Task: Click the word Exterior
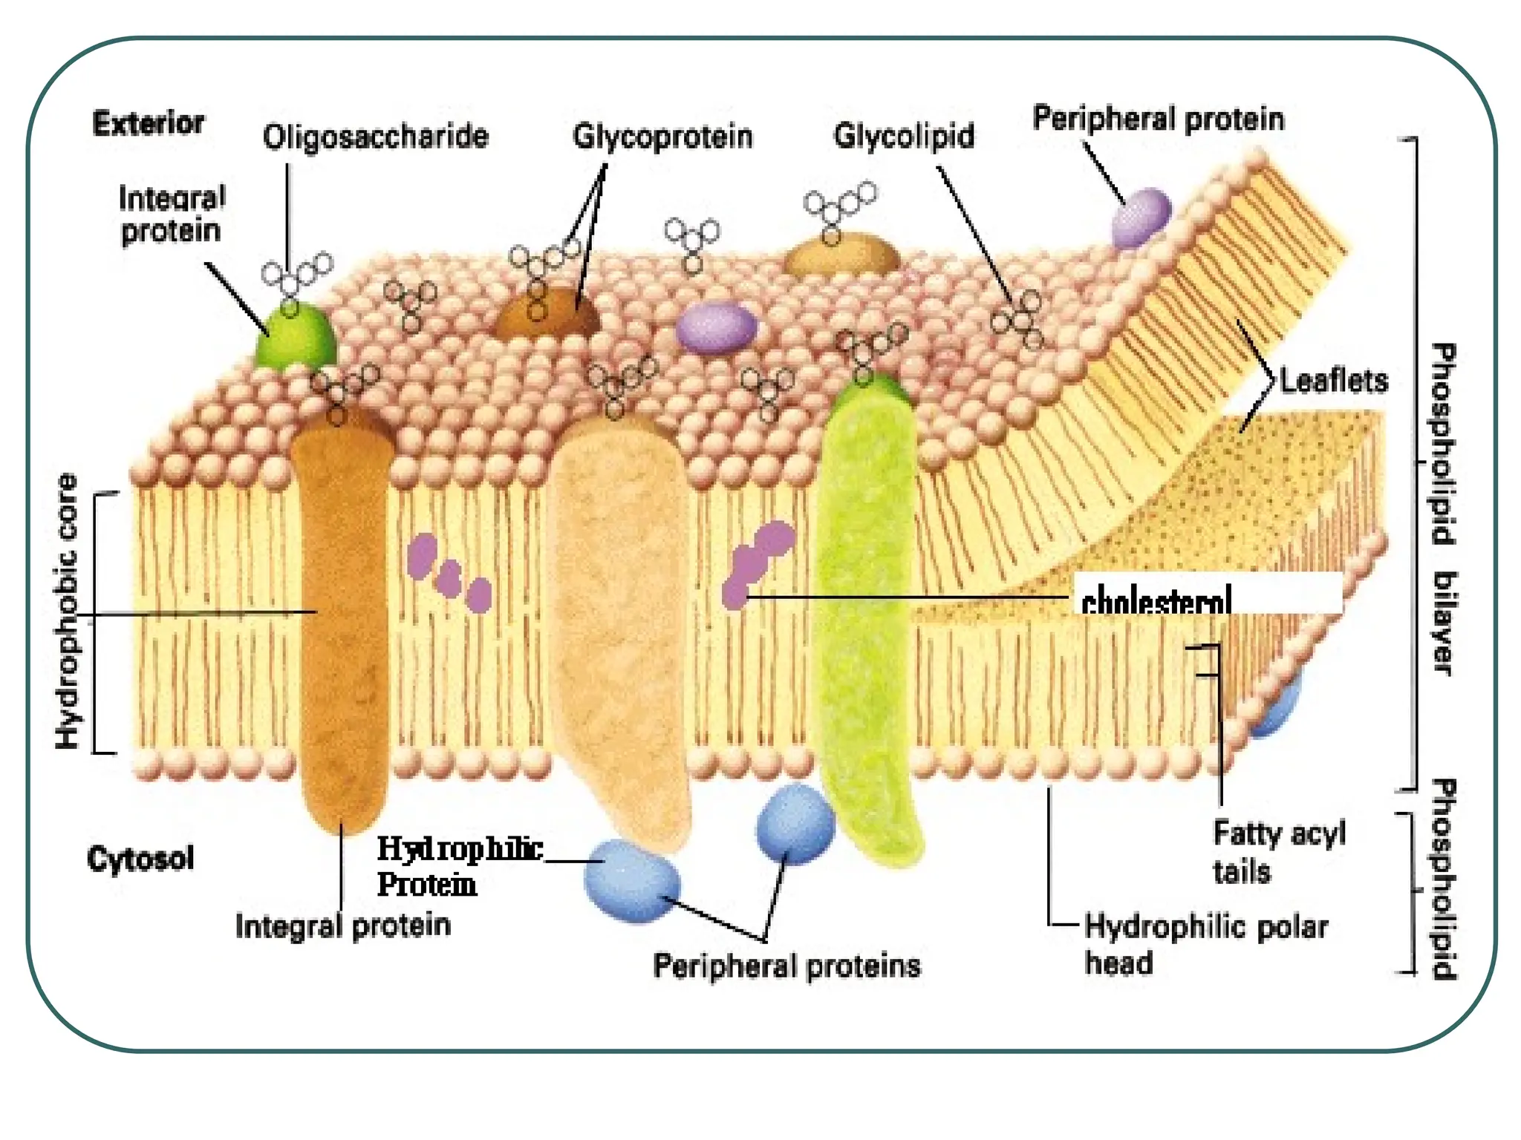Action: [148, 123]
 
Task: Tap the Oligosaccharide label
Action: [376, 137]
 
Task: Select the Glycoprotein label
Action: [662, 137]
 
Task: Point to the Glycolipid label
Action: [903, 136]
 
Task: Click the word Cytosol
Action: [140, 859]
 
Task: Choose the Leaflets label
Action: [1334, 381]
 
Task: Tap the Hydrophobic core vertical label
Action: [68, 612]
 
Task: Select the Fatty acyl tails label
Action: [1278, 851]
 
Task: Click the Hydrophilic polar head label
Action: [1205, 944]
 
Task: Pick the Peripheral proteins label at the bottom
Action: [786, 966]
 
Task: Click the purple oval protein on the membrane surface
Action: [716, 327]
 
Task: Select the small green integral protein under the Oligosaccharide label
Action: [296, 338]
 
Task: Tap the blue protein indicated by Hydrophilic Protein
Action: [631, 880]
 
